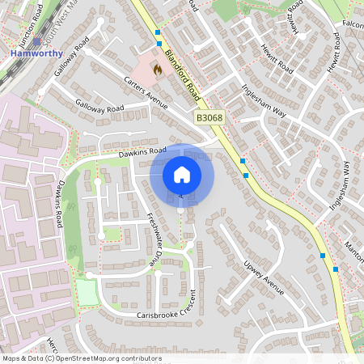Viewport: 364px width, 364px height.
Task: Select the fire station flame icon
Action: tap(157, 70)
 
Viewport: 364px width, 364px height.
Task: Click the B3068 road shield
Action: tap(209, 118)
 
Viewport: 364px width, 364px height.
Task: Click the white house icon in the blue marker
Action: tap(182, 174)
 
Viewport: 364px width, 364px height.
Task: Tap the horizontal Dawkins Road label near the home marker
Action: tap(142, 150)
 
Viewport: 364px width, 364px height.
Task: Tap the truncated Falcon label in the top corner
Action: tap(353, 24)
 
